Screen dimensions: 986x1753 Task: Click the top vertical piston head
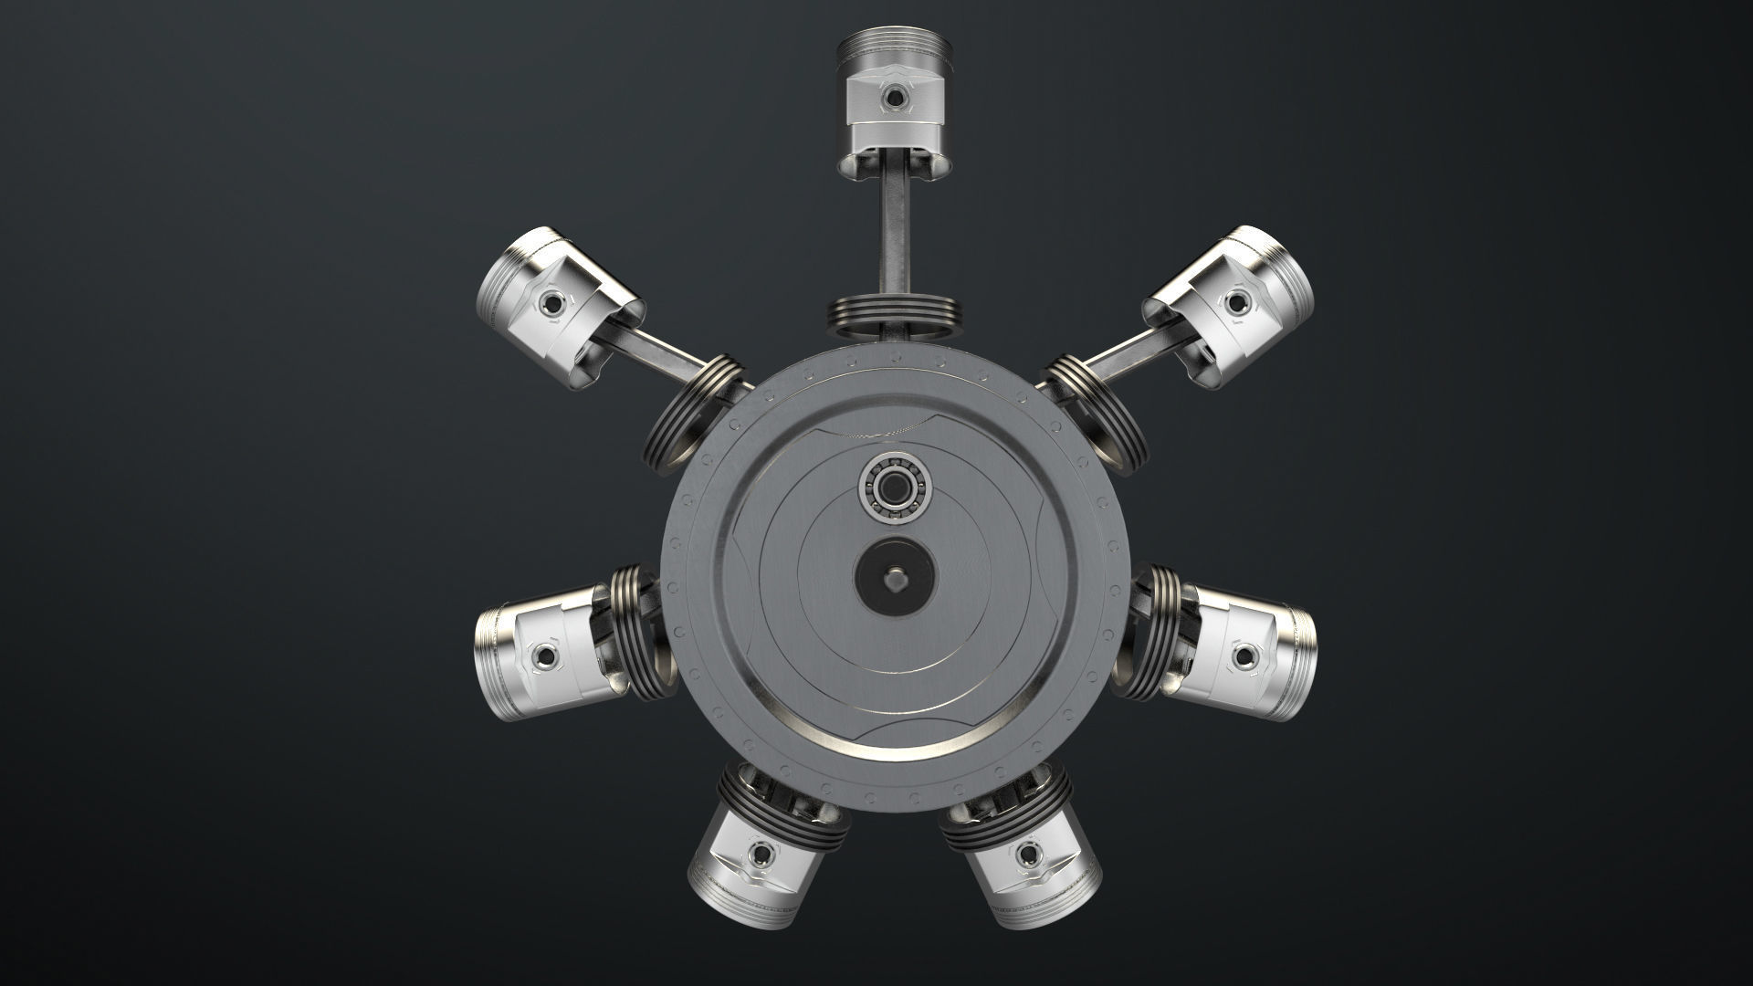893,100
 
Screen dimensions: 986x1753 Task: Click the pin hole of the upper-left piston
551,300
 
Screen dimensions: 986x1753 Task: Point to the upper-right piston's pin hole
1237,299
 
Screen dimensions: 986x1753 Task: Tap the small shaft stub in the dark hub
896,577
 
